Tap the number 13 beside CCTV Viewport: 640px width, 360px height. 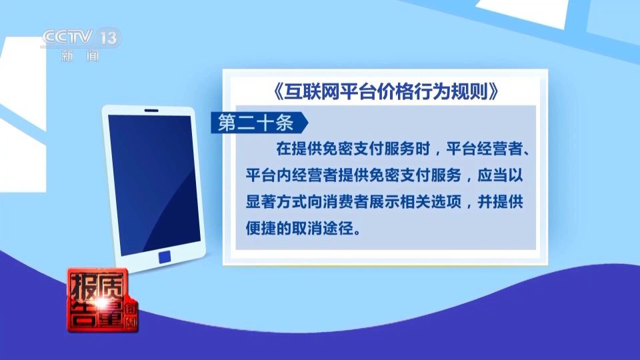click(109, 38)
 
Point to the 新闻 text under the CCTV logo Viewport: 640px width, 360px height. click(80, 56)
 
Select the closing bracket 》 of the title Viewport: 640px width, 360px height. click(493, 91)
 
